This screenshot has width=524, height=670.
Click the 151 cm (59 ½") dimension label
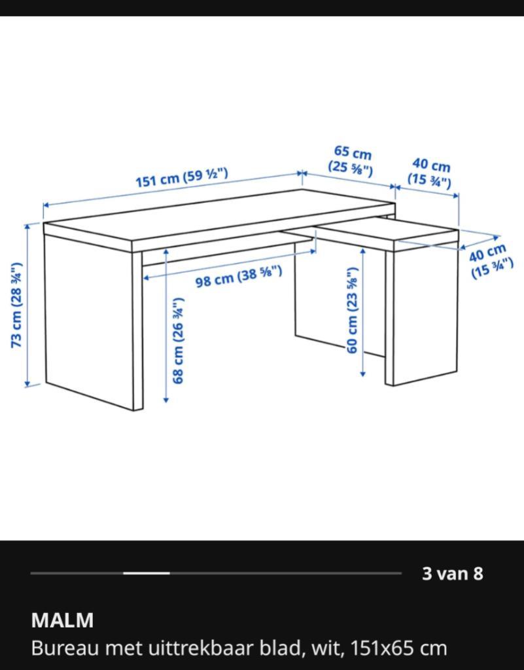coord(181,178)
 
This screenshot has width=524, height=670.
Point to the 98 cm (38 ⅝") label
coord(239,277)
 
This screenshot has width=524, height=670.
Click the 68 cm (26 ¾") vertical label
coord(178,340)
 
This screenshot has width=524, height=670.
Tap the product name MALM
coord(62,620)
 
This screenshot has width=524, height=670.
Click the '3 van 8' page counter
coord(452,573)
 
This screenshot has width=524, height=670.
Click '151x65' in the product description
coord(381,648)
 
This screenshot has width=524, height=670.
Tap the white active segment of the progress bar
coord(147,573)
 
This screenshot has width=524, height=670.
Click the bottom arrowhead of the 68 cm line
coord(166,400)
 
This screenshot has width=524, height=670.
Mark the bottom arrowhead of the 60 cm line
coord(363,374)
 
